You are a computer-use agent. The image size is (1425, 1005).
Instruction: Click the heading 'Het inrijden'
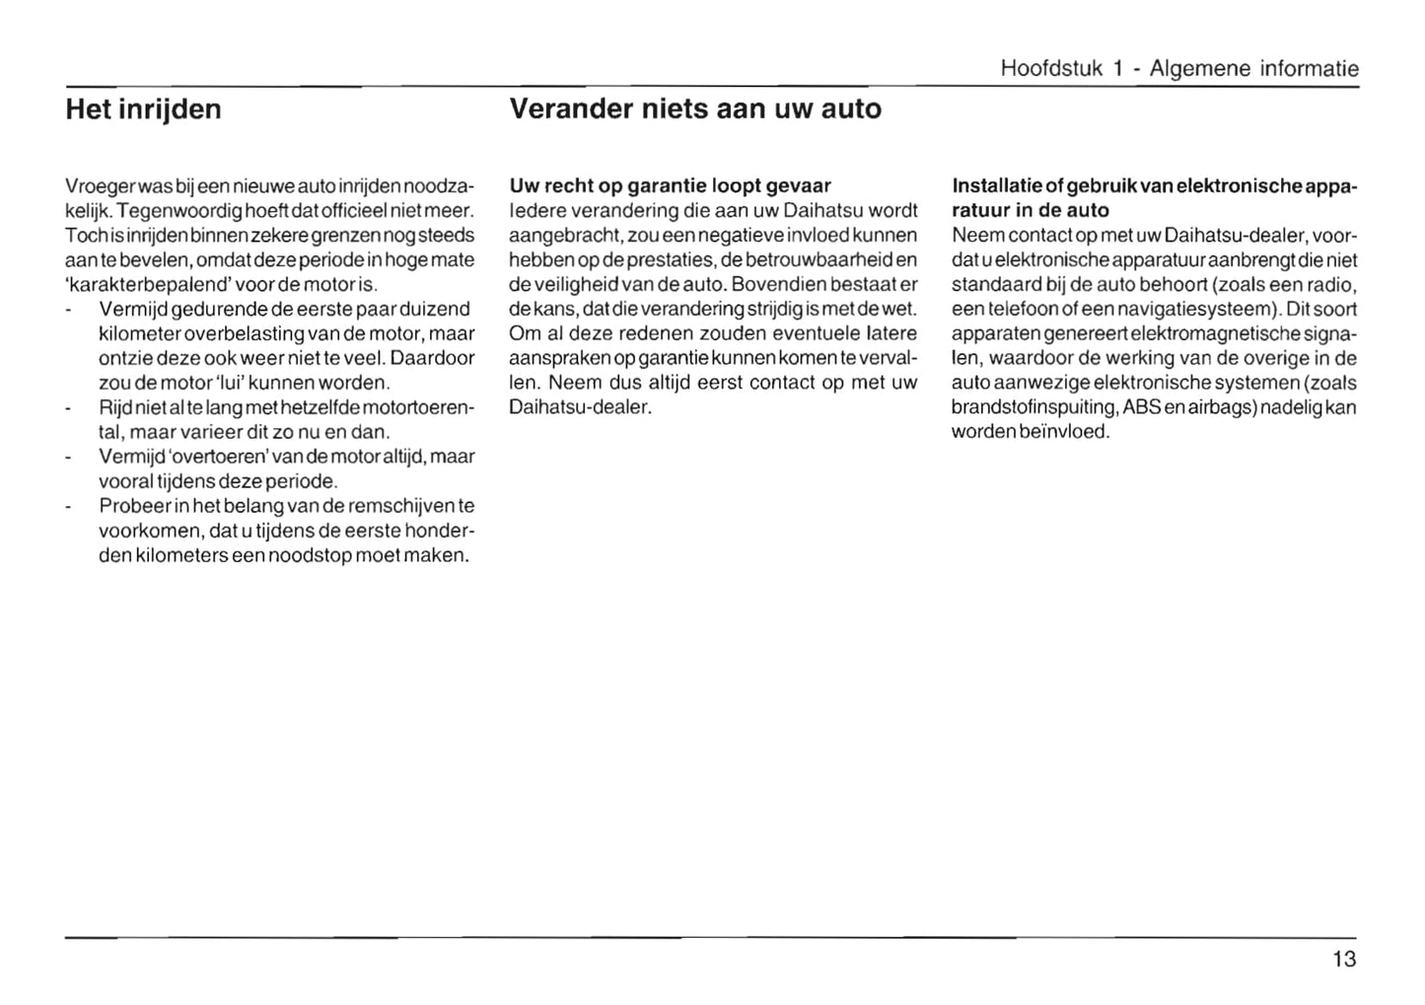(143, 108)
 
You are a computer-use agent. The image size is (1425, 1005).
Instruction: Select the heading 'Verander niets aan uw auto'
(695, 108)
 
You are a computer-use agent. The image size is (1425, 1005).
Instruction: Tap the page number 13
(1343, 959)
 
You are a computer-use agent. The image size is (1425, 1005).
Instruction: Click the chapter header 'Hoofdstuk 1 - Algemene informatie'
(1178, 69)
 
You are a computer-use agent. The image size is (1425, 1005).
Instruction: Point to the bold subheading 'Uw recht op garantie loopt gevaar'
(670, 185)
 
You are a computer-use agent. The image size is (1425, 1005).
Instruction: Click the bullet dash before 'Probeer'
(68, 507)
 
